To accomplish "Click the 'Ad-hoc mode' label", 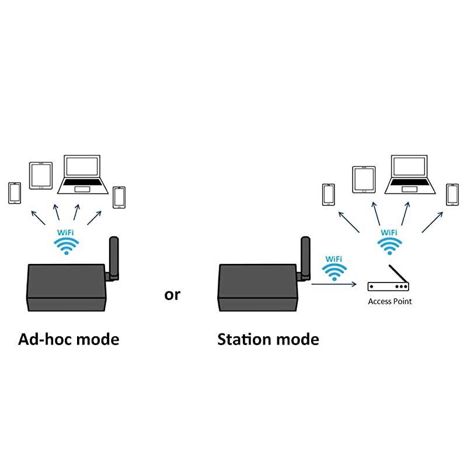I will pyautogui.click(x=69, y=339).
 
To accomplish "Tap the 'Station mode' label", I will pyautogui.click(x=268, y=339).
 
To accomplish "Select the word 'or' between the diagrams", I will pyautogui.click(x=172, y=295).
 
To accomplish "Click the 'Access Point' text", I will pyautogui.click(x=389, y=302).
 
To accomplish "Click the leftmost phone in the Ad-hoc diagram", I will pyautogui.click(x=15, y=193).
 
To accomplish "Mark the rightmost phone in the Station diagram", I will pyautogui.click(x=452, y=194).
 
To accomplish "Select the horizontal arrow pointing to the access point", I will pyautogui.click(x=334, y=285).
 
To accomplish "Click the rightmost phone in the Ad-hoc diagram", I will pyautogui.click(x=119, y=197).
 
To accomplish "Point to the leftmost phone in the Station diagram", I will pyautogui.click(x=329, y=194).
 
